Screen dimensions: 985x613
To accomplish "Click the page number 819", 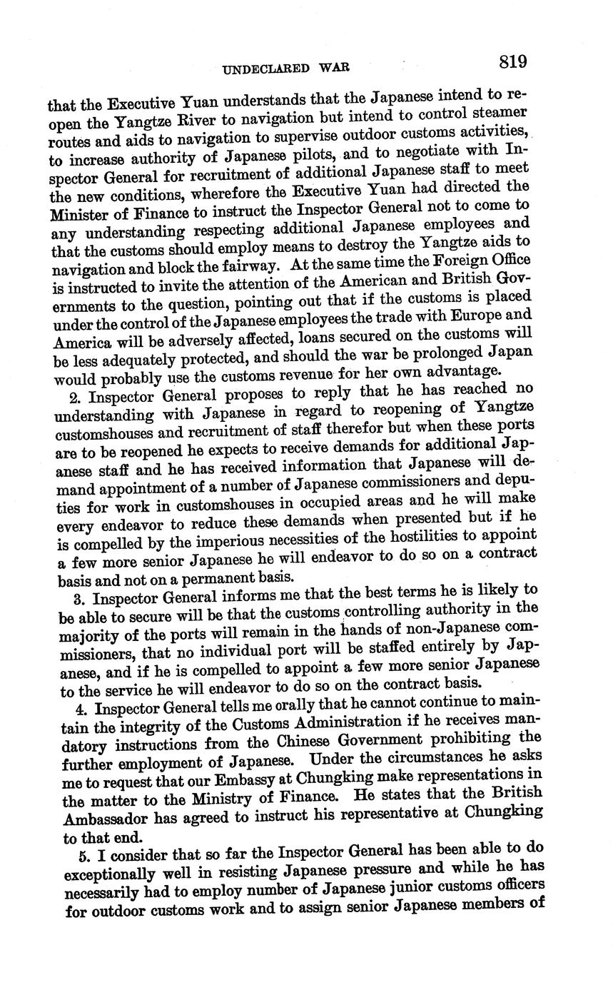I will [512, 62].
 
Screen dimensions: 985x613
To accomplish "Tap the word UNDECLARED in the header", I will [266, 69].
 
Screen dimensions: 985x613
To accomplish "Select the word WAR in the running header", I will [333, 69].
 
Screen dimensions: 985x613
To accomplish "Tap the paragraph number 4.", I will [79, 710].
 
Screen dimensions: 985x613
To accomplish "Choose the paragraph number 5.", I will [81, 856].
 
